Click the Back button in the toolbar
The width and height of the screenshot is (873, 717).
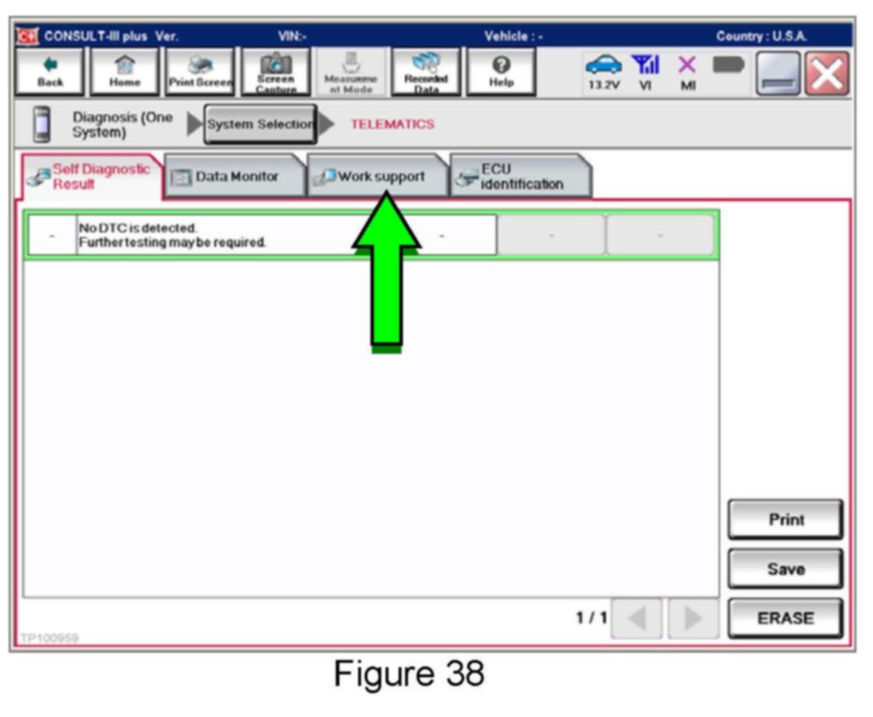[51, 72]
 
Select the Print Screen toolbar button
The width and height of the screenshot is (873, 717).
[200, 72]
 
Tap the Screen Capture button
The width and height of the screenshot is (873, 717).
[276, 72]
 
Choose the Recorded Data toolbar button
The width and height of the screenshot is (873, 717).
[425, 72]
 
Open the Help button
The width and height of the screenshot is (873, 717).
[500, 72]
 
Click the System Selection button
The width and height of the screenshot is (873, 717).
[260, 124]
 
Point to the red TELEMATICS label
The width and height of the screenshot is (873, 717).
[392, 124]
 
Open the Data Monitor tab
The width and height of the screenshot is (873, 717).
[235, 177]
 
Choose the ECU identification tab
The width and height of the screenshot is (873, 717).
[520, 177]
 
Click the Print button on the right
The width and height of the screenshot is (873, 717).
[785, 520]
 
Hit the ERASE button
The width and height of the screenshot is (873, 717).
[785, 618]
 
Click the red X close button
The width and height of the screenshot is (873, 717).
[828, 73]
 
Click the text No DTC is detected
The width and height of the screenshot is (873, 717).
[137, 228]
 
